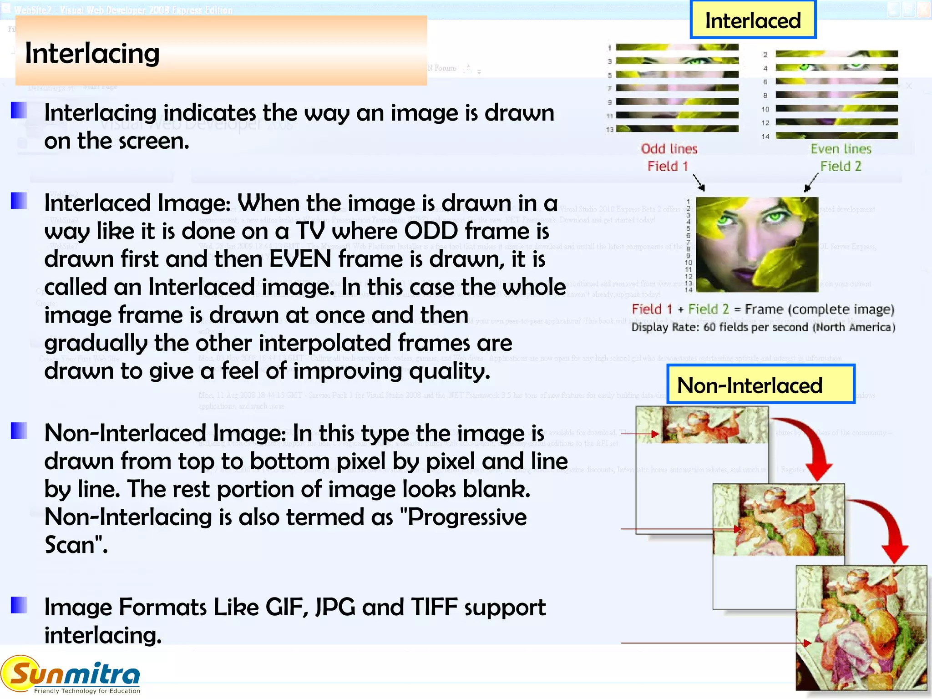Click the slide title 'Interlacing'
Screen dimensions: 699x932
(x=92, y=53)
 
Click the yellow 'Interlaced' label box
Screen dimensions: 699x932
(x=753, y=20)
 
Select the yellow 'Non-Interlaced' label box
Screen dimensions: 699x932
(x=760, y=385)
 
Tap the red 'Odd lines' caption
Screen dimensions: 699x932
(x=669, y=149)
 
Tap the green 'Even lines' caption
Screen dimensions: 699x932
(x=841, y=149)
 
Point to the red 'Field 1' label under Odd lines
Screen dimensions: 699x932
(x=668, y=166)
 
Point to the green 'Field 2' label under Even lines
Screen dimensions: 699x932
(x=841, y=166)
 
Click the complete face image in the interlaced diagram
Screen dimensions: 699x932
(x=757, y=244)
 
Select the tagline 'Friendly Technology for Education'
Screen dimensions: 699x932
(x=87, y=691)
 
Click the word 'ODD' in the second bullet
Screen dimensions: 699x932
(x=431, y=231)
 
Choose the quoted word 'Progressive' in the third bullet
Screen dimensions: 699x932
(x=467, y=517)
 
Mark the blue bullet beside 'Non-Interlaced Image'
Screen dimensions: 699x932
(x=19, y=431)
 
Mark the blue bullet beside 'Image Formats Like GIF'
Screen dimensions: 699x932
(x=19, y=605)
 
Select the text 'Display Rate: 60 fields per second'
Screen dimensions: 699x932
(x=719, y=328)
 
